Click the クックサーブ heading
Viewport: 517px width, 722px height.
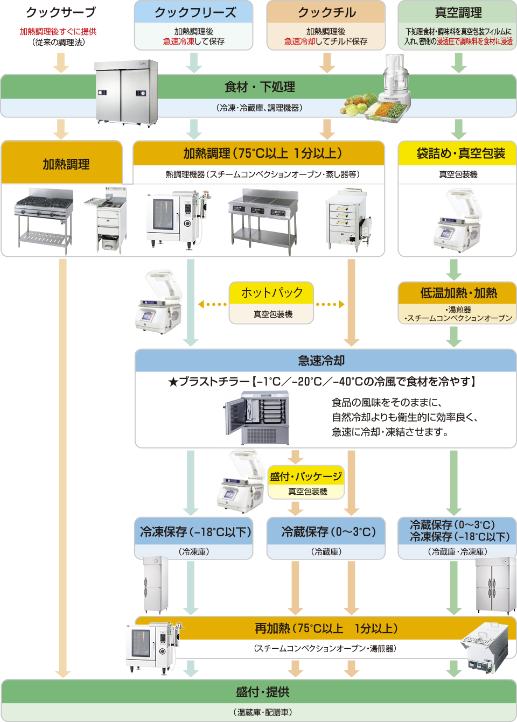[61, 12]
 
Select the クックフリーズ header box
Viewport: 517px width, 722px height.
[194, 12]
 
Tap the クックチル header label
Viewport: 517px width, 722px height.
[326, 12]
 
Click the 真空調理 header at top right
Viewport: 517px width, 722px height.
[458, 12]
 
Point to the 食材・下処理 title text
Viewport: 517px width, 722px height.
[259, 87]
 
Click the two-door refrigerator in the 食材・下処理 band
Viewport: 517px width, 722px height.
[126, 92]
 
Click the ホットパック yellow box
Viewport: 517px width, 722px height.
[272, 293]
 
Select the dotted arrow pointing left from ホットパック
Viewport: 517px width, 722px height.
[212, 304]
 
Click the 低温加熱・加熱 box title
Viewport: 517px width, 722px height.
[458, 293]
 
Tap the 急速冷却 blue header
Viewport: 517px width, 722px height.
[322, 361]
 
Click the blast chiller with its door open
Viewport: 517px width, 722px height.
[257, 417]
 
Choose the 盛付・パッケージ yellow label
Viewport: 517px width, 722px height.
[306, 476]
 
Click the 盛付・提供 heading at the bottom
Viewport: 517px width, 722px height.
[262, 692]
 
